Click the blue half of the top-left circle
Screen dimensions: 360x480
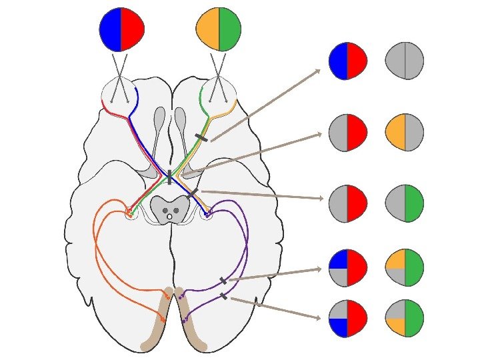click(110, 29)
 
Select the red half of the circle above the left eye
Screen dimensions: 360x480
click(133, 29)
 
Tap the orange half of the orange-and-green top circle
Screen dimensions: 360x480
click(207, 29)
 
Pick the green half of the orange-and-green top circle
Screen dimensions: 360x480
click(230, 29)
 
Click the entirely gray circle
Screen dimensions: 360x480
click(405, 61)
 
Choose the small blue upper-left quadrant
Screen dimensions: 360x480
click(338, 259)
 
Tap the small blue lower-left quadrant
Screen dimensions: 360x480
click(338, 327)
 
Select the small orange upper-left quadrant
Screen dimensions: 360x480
click(396, 259)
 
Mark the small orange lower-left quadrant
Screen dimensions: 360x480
click(396, 327)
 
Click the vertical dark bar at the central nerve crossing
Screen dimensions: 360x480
click(169, 177)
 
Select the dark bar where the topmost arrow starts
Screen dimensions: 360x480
click(201, 137)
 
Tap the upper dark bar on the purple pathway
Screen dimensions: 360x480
click(223, 281)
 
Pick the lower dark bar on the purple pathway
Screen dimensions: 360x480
click(223, 296)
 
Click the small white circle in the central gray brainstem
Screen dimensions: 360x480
click(170, 217)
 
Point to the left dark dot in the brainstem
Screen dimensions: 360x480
click(165, 211)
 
